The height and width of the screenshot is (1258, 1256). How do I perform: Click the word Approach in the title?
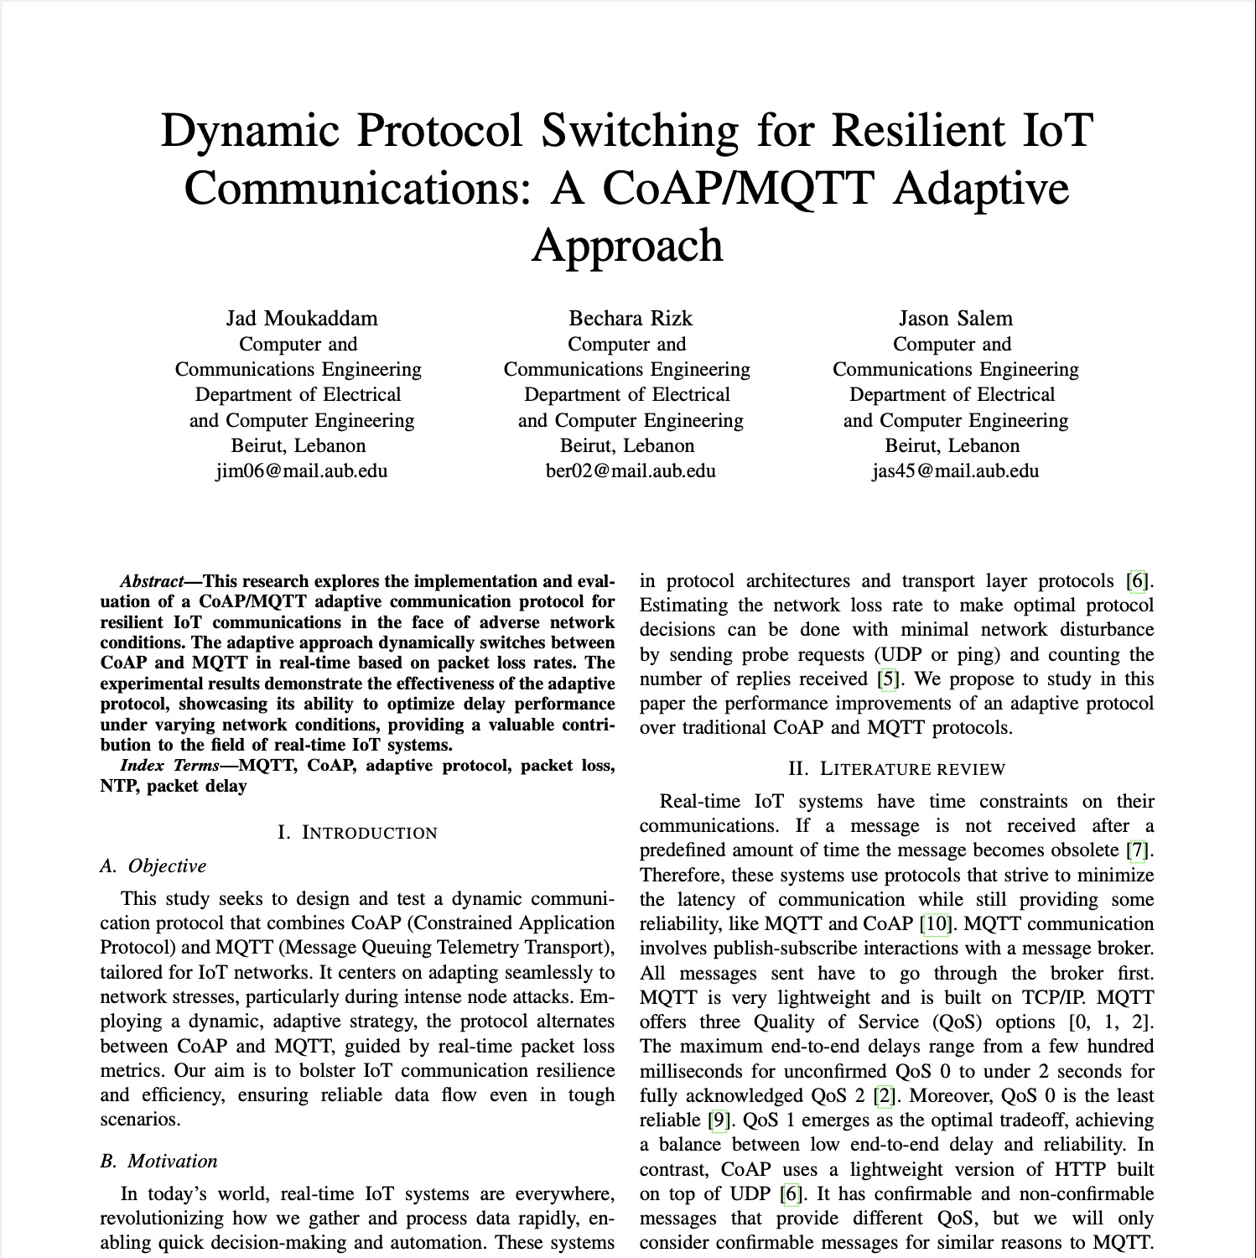point(627,245)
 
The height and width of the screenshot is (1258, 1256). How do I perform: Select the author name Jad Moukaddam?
point(301,319)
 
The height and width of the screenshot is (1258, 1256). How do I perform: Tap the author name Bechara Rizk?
point(631,319)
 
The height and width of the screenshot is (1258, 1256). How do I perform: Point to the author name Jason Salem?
point(955,319)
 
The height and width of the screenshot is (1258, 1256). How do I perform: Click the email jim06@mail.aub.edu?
point(301,470)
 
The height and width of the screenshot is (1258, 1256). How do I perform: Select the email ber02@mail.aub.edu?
point(631,470)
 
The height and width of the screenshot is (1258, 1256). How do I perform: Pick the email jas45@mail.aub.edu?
point(955,470)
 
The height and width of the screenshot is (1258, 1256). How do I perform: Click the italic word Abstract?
point(152,581)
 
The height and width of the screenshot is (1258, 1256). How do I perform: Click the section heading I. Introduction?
point(357,833)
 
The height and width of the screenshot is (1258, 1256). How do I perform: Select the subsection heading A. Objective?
point(153,866)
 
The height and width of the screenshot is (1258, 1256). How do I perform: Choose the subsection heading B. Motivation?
point(158,1162)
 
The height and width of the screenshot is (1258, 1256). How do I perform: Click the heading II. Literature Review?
point(896,769)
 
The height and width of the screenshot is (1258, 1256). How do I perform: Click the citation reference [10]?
point(936,924)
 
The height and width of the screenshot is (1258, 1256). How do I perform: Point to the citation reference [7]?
point(1137,850)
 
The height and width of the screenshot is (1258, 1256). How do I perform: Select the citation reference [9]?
point(717,1120)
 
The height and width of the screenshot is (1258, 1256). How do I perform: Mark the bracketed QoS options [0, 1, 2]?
point(1109,1022)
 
